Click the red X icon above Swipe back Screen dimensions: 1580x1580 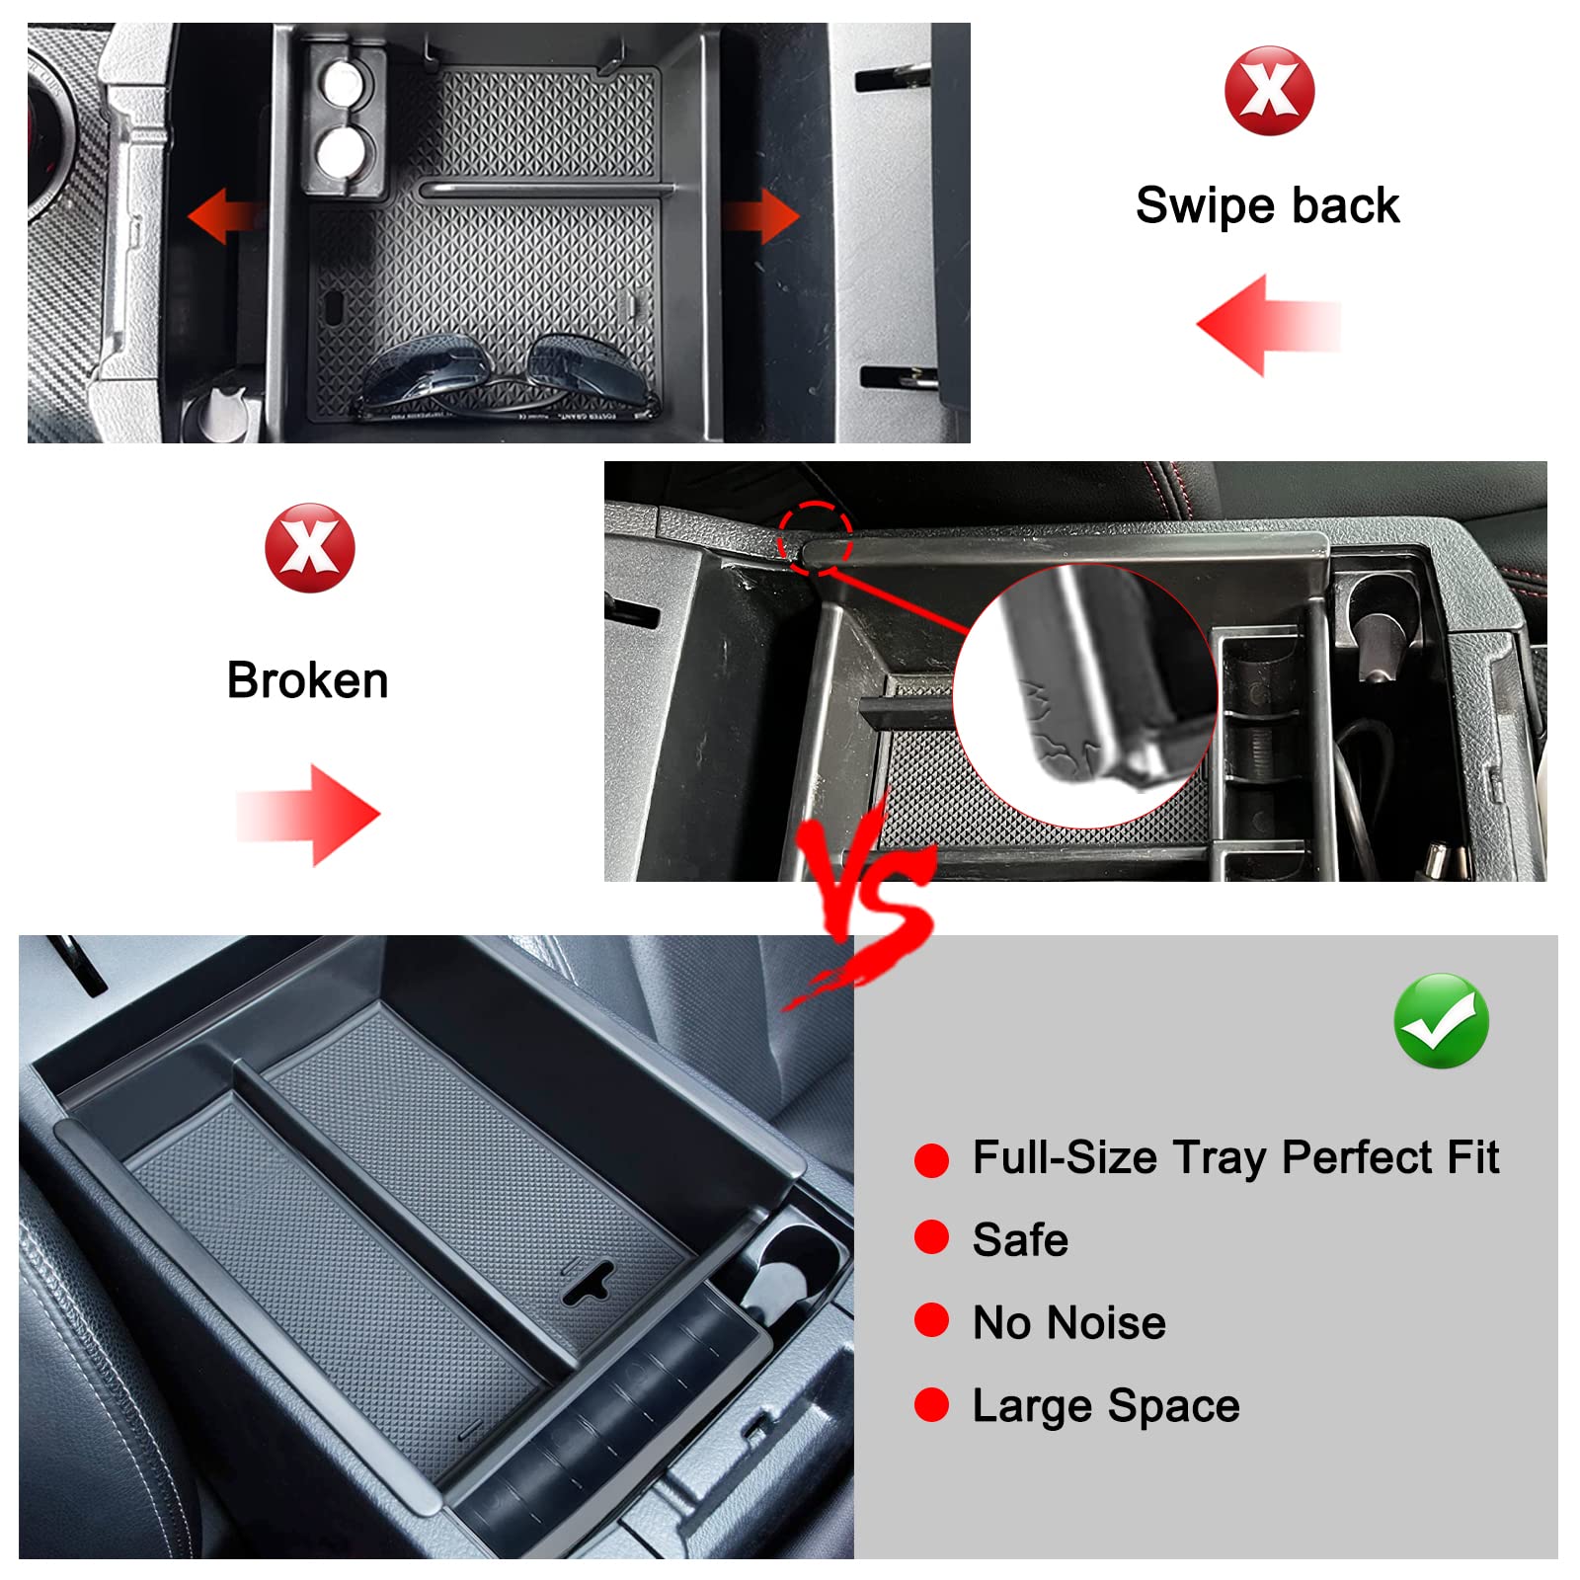[1269, 91]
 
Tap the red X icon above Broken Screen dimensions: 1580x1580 [309, 548]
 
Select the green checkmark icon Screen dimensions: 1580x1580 [1441, 1021]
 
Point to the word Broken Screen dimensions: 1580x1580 [307, 680]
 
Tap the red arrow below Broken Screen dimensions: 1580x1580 [308, 816]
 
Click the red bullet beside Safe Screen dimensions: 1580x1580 [931, 1237]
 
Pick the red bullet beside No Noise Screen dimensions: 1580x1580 [931, 1320]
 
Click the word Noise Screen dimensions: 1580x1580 [1111, 1323]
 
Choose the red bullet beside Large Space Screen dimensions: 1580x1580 [931, 1404]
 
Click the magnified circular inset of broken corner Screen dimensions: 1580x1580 [1084, 696]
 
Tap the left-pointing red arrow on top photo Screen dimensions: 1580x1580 [225, 215]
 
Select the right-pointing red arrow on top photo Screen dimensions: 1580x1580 [762, 215]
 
